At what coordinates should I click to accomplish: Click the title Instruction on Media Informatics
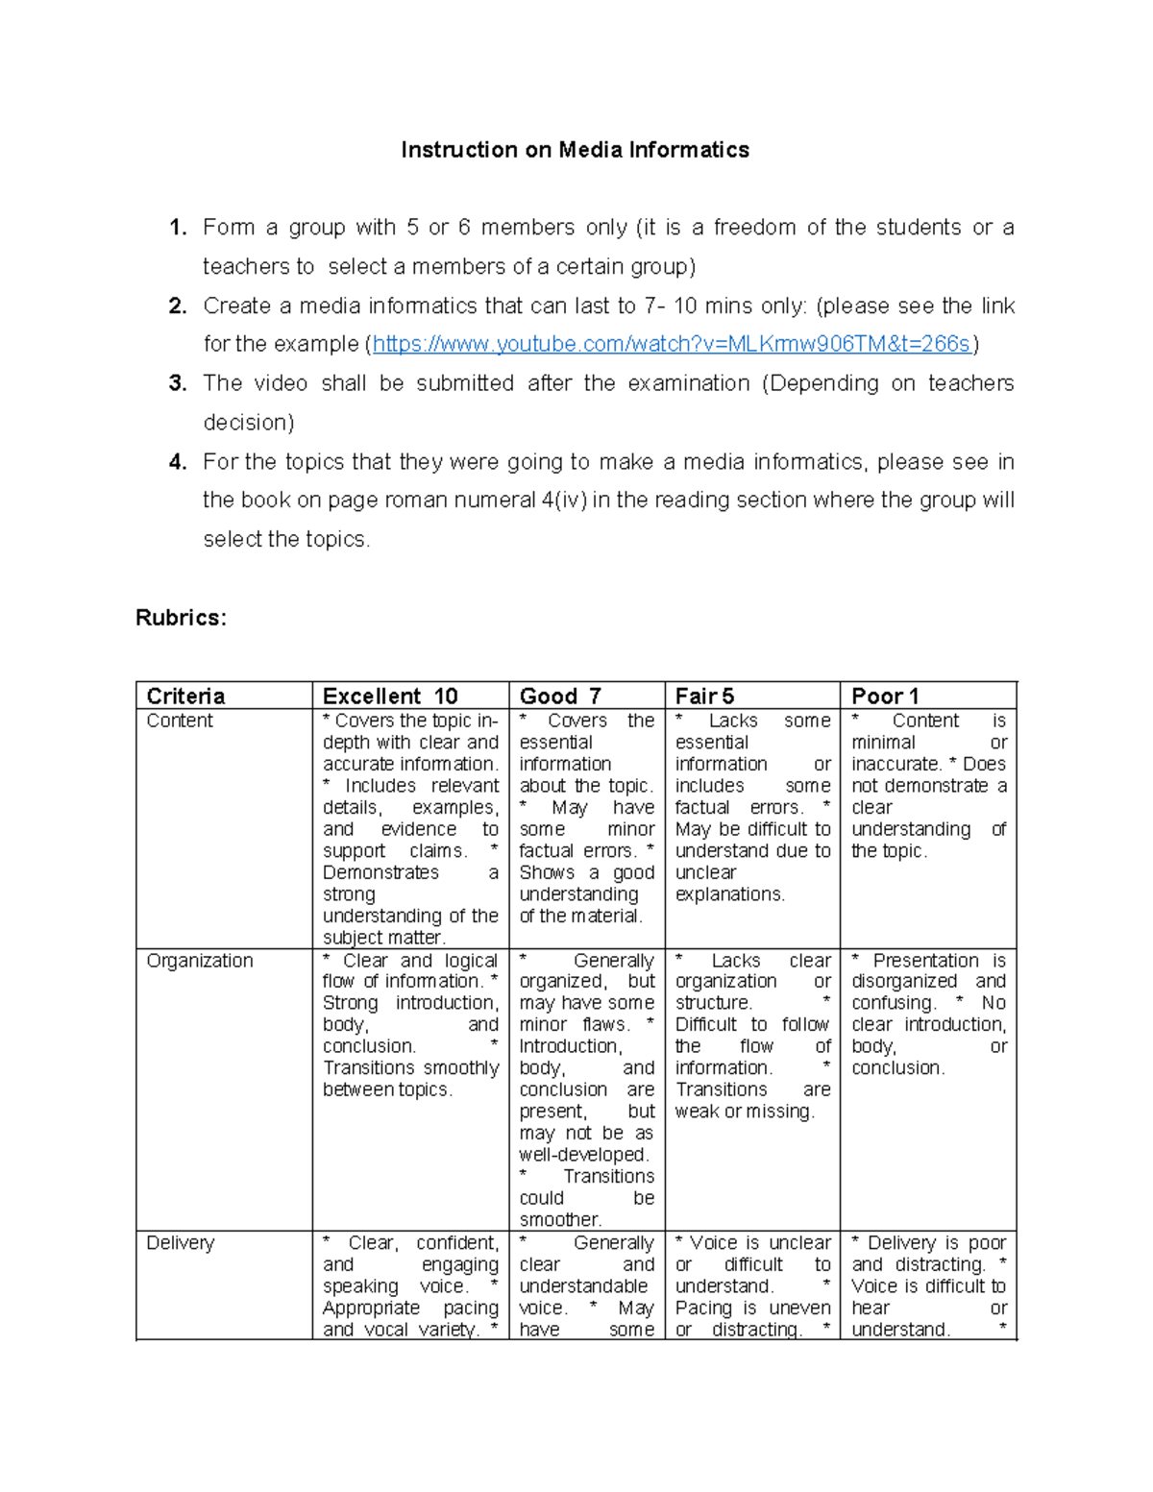pyautogui.click(x=575, y=150)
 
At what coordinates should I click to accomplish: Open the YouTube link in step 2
pyautogui.click(x=673, y=344)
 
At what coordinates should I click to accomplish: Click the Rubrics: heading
pyautogui.click(x=181, y=618)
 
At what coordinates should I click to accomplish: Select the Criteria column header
pyautogui.click(x=185, y=696)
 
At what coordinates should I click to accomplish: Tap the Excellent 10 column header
pyautogui.click(x=390, y=696)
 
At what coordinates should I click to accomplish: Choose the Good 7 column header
pyautogui.click(x=560, y=696)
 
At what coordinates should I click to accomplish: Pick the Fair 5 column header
pyautogui.click(x=704, y=696)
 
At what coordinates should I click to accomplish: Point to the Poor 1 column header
pyautogui.click(x=885, y=696)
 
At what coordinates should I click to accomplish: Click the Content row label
pyautogui.click(x=180, y=721)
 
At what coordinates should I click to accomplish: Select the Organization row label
pyautogui.click(x=200, y=961)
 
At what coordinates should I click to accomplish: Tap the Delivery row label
pyautogui.click(x=180, y=1242)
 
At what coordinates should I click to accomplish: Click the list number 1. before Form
pyautogui.click(x=177, y=228)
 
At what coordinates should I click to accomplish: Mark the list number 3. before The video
pyautogui.click(x=177, y=383)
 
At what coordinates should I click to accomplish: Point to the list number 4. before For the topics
pyautogui.click(x=177, y=462)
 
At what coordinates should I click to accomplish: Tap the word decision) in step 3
pyautogui.click(x=249, y=423)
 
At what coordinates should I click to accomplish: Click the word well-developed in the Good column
pyautogui.click(x=583, y=1155)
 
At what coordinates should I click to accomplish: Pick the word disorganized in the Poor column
pyautogui.click(x=904, y=981)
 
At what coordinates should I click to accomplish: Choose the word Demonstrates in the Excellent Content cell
pyautogui.click(x=380, y=872)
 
